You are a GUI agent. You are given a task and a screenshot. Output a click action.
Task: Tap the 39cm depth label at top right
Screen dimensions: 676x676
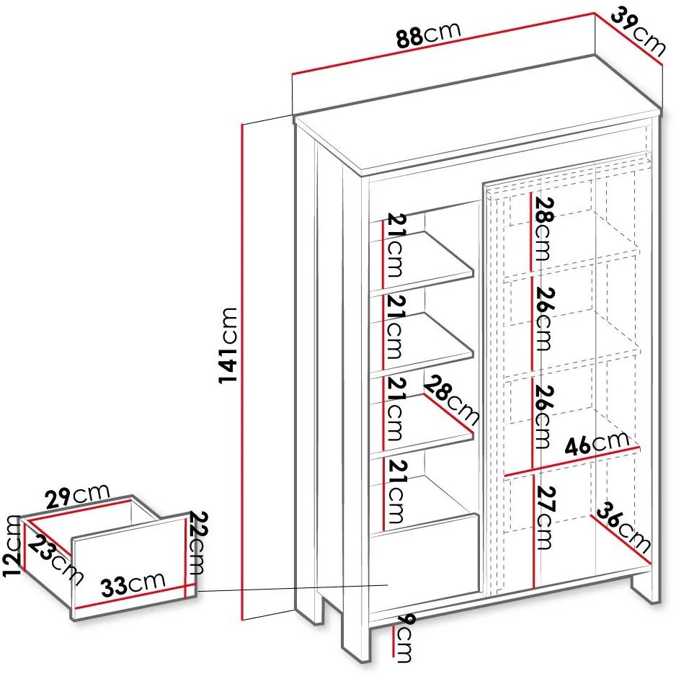point(639,31)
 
